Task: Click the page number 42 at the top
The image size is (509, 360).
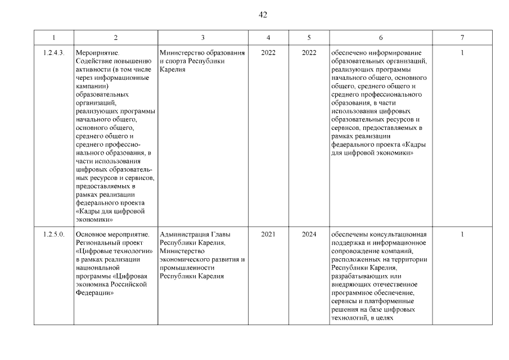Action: (x=262, y=15)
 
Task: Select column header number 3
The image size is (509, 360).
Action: (x=202, y=37)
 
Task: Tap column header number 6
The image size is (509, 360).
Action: (x=381, y=37)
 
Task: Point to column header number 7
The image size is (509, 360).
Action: (x=462, y=37)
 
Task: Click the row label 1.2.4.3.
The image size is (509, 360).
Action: (x=53, y=53)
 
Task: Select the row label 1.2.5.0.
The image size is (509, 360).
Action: (x=53, y=235)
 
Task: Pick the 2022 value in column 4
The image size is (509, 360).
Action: (x=268, y=53)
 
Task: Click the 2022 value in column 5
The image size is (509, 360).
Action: (x=309, y=53)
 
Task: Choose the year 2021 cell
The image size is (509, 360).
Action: (x=268, y=235)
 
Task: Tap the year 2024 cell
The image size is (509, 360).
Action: (x=309, y=235)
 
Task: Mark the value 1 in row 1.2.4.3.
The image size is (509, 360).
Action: (x=462, y=53)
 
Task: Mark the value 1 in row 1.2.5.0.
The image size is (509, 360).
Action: (x=462, y=235)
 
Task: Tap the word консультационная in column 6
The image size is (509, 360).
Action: (x=399, y=235)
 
